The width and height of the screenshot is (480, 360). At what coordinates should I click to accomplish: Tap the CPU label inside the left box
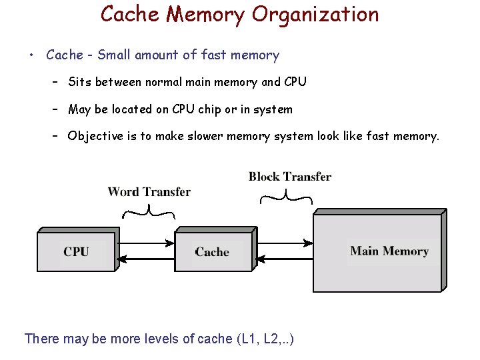[x=76, y=251]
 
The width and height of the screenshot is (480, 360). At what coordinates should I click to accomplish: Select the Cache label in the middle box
[x=212, y=252]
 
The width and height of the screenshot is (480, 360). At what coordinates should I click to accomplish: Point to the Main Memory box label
[x=389, y=251]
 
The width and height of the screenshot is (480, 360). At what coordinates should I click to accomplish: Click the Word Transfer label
[x=149, y=192]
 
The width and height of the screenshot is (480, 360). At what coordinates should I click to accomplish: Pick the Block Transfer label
[x=290, y=177]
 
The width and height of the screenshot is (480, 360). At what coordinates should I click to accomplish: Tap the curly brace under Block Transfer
[x=286, y=197]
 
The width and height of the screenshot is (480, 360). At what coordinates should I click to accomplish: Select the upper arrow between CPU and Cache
[x=145, y=244]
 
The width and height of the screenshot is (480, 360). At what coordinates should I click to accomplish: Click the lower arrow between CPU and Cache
[x=145, y=259]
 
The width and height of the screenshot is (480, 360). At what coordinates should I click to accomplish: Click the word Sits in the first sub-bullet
[x=80, y=82]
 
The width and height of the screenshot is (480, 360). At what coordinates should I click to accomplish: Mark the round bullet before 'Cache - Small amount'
[x=31, y=55]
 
